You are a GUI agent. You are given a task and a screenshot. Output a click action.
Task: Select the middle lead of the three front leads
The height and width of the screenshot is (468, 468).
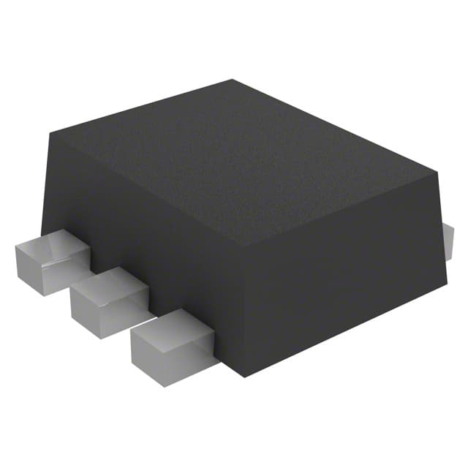(108, 300)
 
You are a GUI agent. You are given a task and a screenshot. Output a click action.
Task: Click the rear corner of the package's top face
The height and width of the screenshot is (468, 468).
(233, 80)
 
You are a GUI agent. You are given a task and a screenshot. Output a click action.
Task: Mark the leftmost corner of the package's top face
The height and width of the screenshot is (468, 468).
(50, 133)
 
